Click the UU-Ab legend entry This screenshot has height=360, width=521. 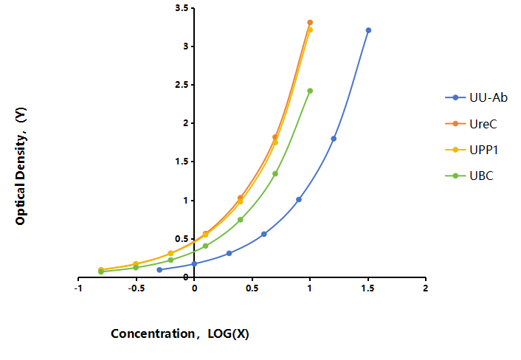[x=476, y=97]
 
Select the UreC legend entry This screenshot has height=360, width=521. [x=471, y=124]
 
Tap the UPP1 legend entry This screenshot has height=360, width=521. [x=472, y=150]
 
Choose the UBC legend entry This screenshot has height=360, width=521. [x=469, y=176]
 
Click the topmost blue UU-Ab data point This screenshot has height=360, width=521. [x=368, y=30]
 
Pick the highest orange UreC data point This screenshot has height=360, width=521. [x=310, y=23]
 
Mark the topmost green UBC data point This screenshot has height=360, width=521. [x=310, y=91]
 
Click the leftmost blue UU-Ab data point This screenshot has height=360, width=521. [x=159, y=270]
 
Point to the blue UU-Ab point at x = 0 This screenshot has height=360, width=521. [x=194, y=263]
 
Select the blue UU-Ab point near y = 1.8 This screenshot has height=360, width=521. [x=334, y=139]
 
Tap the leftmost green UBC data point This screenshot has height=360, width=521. [x=101, y=271]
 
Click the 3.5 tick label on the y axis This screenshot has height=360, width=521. [x=182, y=7]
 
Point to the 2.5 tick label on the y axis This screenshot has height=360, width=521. [x=182, y=85]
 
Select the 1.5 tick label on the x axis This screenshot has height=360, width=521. [x=368, y=288]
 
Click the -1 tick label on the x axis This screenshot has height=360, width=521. [x=78, y=288]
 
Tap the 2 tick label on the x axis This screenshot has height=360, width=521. [x=425, y=288]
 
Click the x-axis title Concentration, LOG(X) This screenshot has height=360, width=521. [x=180, y=333]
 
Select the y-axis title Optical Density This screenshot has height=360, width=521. [x=21, y=166]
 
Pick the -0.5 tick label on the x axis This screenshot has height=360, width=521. [x=137, y=288]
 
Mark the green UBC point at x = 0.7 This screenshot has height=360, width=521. [x=275, y=173]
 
